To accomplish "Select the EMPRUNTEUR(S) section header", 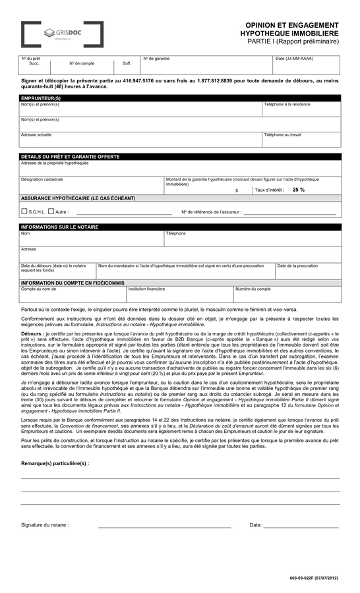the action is [x=41, y=98].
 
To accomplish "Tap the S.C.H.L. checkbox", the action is [x=24, y=212].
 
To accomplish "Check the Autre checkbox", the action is [x=51, y=212].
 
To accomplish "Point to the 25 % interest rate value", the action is [x=298, y=190].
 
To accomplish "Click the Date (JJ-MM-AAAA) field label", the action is [x=294, y=59].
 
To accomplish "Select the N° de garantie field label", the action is [x=157, y=59].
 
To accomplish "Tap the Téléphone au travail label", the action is [x=282, y=134].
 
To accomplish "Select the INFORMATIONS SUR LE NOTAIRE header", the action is [x=60, y=227].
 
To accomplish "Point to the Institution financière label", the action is [x=146, y=289].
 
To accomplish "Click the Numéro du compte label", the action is [x=253, y=289].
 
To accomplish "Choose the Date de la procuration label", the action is [x=297, y=266].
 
